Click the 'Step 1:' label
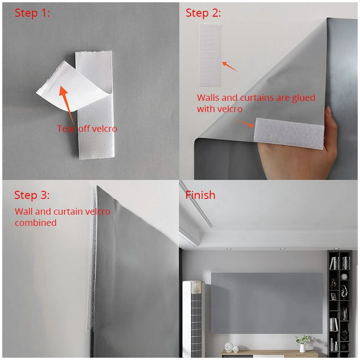[x=32, y=13]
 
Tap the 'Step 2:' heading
[x=203, y=13]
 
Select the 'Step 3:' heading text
[x=32, y=195]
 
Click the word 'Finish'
[x=200, y=195]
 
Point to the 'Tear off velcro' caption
[x=87, y=129]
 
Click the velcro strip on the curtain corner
[x=289, y=134]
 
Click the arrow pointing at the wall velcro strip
[x=230, y=66]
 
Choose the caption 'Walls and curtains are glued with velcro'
[x=256, y=103]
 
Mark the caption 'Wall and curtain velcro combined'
[x=62, y=217]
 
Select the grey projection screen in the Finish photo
[x=266, y=302]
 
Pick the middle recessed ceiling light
[x=282, y=248]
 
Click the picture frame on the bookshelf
[x=333, y=296]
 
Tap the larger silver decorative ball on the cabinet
[x=229, y=346]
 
